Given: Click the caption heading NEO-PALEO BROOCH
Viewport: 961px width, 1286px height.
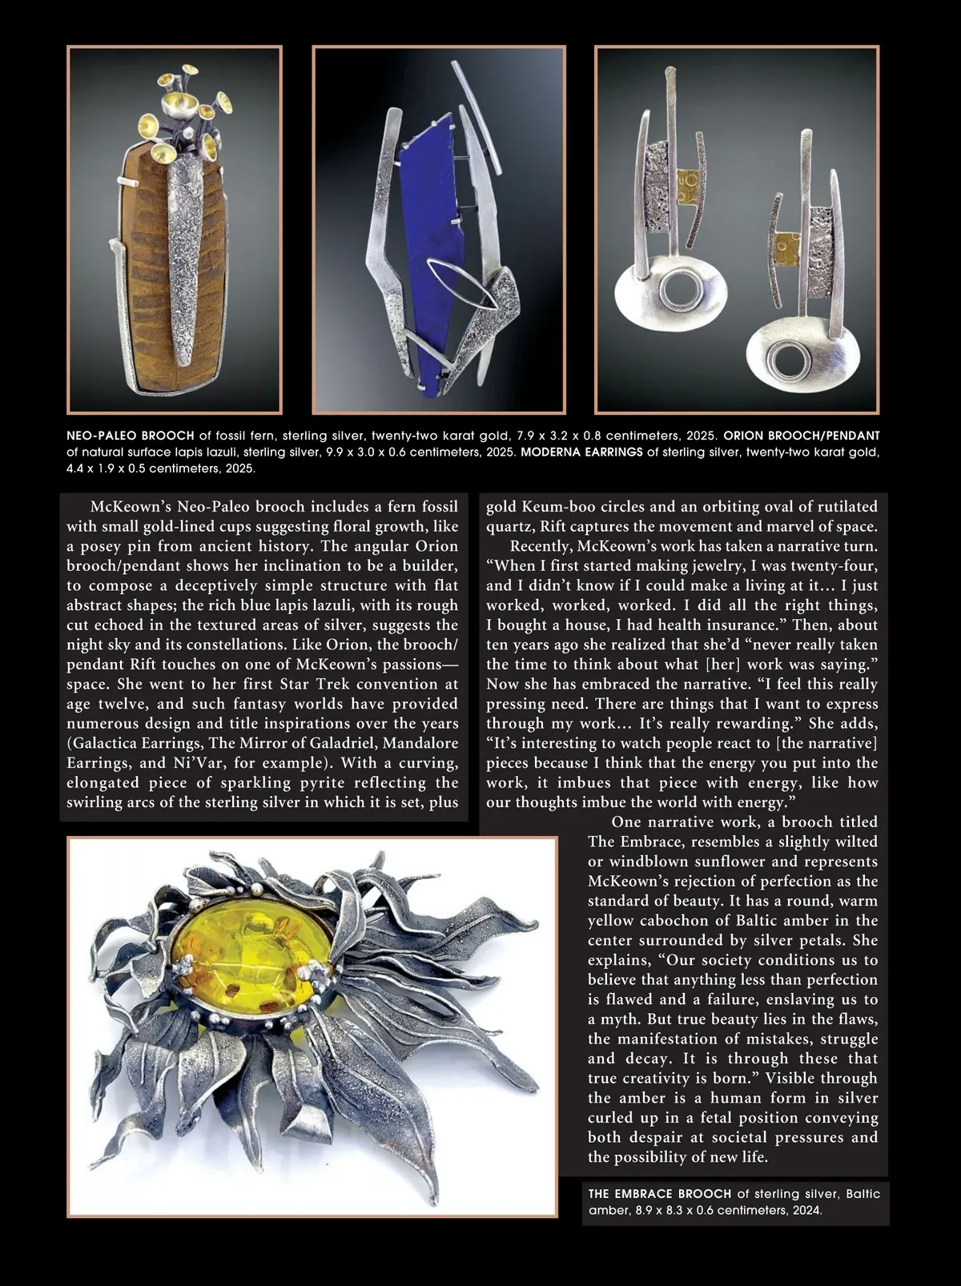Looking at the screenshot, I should [x=131, y=436].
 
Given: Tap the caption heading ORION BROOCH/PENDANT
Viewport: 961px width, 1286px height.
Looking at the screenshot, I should [x=802, y=436].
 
